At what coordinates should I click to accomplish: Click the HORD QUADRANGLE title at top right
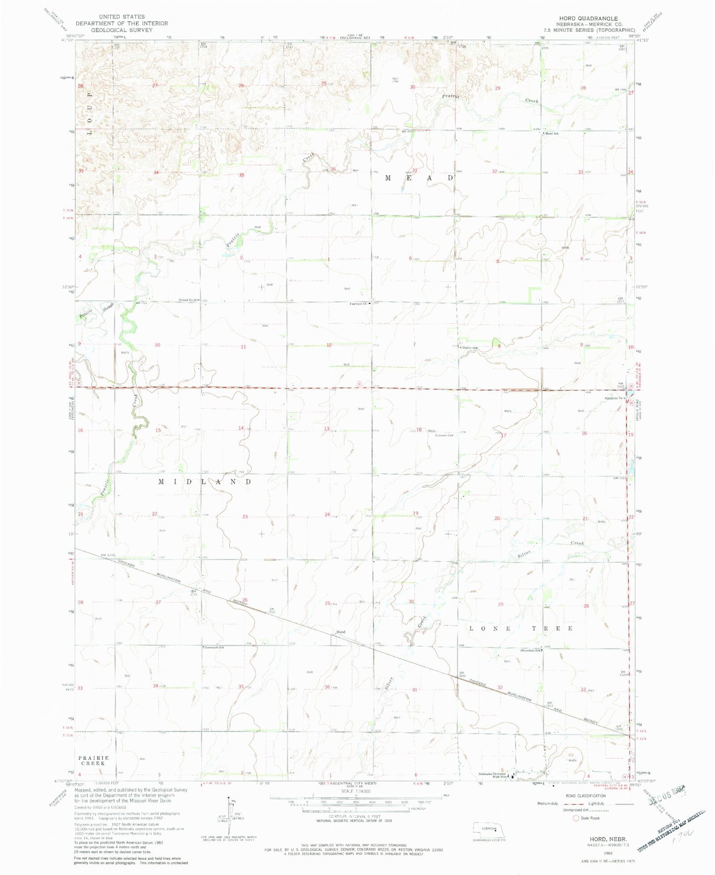click(588, 18)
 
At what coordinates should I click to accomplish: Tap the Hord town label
click(340, 632)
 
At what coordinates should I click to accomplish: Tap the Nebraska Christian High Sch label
click(493, 775)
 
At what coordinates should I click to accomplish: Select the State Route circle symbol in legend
click(575, 818)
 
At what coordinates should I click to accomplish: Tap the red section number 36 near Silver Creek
click(327, 686)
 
